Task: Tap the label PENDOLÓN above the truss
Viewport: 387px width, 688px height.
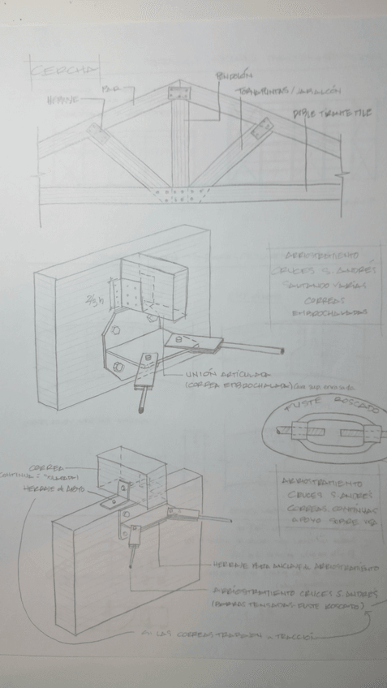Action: point(230,76)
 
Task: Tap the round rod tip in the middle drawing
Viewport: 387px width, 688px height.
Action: point(281,350)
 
